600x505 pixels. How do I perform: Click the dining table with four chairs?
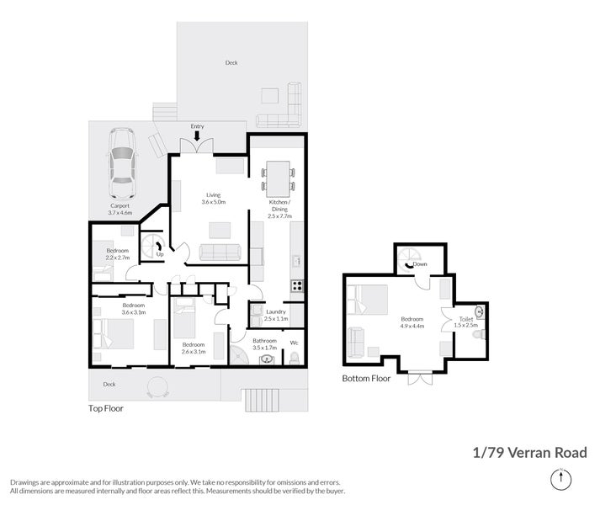click(278, 175)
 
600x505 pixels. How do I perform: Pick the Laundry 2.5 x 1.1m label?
click(275, 315)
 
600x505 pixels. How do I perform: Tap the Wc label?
click(294, 343)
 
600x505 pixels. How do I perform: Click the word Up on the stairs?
click(159, 255)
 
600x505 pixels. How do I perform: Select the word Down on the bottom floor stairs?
click(420, 263)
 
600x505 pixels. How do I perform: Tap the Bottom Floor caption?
click(366, 379)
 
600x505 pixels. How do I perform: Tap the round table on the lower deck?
click(157, 387)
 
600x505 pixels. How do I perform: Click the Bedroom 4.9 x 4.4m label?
click(412, 322)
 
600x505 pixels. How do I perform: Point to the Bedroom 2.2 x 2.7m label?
click(118, 254)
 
